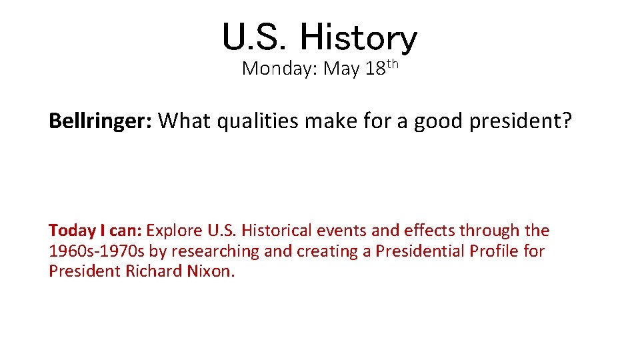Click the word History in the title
tap(358, 37)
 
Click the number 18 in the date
tap(375, 69)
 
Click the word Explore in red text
tap(174, 231)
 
